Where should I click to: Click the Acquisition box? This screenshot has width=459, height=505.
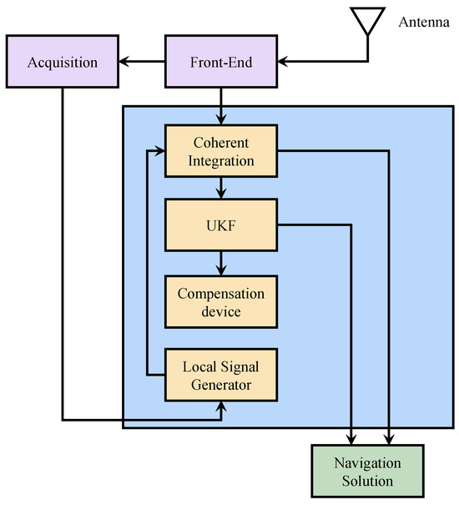point(63,62)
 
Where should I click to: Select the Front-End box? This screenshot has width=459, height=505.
point(221,62)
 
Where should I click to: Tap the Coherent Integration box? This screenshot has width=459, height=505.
point(221,150)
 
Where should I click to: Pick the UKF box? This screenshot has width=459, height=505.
point(221,224)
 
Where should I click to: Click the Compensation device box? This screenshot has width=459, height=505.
point(221,301)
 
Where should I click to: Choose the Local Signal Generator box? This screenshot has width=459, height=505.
point(221,375)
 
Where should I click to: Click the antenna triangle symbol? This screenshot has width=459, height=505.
point(368,22)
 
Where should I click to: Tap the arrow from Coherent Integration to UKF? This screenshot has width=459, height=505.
point(221,188)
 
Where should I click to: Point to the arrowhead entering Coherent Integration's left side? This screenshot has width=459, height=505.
point(159,150)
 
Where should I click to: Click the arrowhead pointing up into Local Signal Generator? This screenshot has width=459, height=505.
point(221,407)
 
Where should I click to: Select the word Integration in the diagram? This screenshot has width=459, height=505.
point(221,160)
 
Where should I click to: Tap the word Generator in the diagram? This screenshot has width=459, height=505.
point(221,384)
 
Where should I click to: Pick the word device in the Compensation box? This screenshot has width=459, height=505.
point(221,311)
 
